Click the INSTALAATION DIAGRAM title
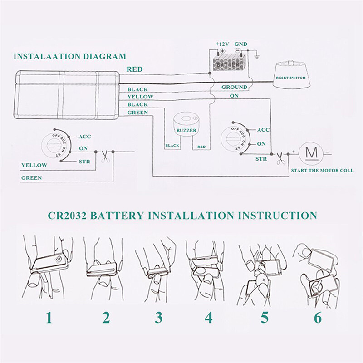point(70,57)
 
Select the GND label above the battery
point(241,44)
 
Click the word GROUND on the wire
point(234,87)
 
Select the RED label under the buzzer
point(201,146)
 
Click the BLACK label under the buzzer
point(172,146)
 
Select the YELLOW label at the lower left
point(34,165)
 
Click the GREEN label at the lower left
point(32,178)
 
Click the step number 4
point(208,317)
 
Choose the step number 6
point(318,317)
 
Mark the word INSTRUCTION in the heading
point(275,215)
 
